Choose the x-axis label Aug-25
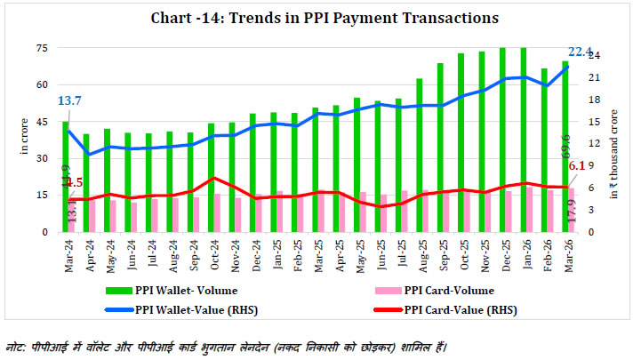[x=420, y=252]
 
